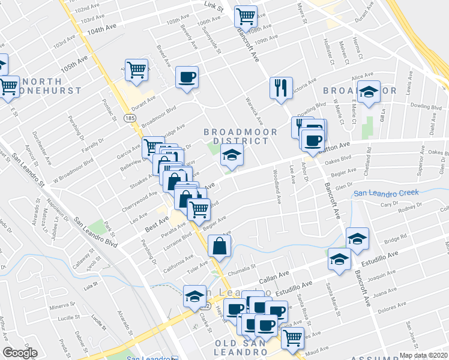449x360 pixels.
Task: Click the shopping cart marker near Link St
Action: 246,16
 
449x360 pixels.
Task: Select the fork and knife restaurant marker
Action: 281,88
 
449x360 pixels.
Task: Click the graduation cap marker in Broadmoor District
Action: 232,155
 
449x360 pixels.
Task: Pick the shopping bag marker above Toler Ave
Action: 220,245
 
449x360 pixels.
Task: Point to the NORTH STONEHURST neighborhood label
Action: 36,86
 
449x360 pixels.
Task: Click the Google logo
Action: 20,353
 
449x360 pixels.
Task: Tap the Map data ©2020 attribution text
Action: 423,355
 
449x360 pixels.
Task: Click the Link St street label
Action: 213,10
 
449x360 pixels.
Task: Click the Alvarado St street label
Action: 124,323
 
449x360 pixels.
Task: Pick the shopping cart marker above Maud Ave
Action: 292,337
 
